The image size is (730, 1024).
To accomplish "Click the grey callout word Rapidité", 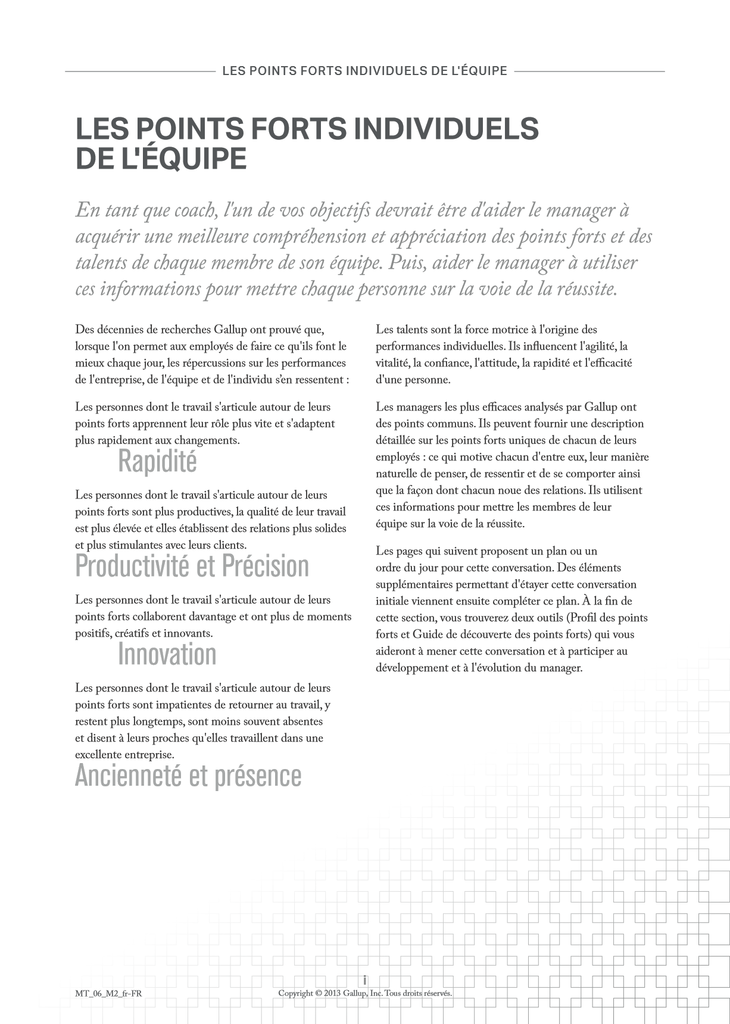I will tap(157, 461).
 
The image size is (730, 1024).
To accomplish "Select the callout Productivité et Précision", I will tap(192, 566).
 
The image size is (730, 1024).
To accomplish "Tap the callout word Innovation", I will tap(167, 654).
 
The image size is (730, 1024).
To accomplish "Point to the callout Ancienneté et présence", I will tap(188, 776).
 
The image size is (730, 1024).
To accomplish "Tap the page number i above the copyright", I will tap(364, 980).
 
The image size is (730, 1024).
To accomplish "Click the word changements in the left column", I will tap(209, 440).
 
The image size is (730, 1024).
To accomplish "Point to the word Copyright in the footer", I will tap(296, 993).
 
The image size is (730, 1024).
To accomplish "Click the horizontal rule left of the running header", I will tap(140, 71).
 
